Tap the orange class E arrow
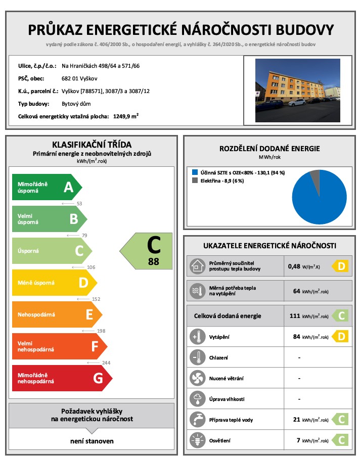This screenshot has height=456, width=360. pyautogui.click(x=56, y=314)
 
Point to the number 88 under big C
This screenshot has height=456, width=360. pyautogui.click(x=154, y=261)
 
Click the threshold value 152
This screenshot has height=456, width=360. pyautogui.click(x=96, y=299)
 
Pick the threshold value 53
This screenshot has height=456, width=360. pyautogui.click(x=79, y=204)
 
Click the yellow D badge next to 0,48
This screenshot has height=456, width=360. pyautogui.click(x=340, y=265)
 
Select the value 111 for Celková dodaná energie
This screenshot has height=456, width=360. pyautogui.click(x=294, y=316)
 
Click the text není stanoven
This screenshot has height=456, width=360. pyautogui.click(x=92, y=441)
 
